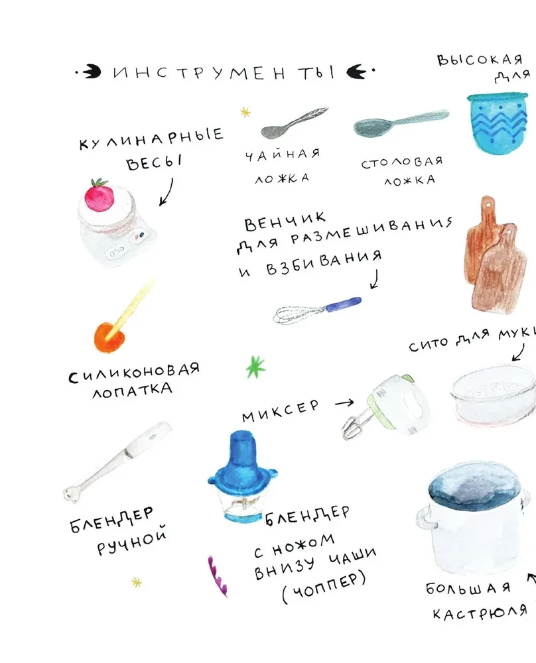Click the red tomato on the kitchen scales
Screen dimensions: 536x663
pos(100,196)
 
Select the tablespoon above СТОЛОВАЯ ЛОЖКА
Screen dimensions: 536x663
pos(401,123)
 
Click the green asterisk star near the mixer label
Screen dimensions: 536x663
pos(255,367)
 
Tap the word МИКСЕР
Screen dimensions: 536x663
pos(281,410)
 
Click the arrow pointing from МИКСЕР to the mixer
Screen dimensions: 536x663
pos(344,403)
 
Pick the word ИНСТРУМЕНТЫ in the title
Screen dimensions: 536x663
pos(224,73)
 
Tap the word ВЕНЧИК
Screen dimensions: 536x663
pos(285,221)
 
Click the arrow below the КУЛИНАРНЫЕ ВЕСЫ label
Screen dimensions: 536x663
pos(166,192)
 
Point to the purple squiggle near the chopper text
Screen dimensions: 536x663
pos(218,576)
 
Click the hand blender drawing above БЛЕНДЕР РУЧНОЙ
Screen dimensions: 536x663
pos(117,461)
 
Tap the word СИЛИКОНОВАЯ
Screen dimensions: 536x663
pos(134,371)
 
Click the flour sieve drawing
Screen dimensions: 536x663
pos(493,395)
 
